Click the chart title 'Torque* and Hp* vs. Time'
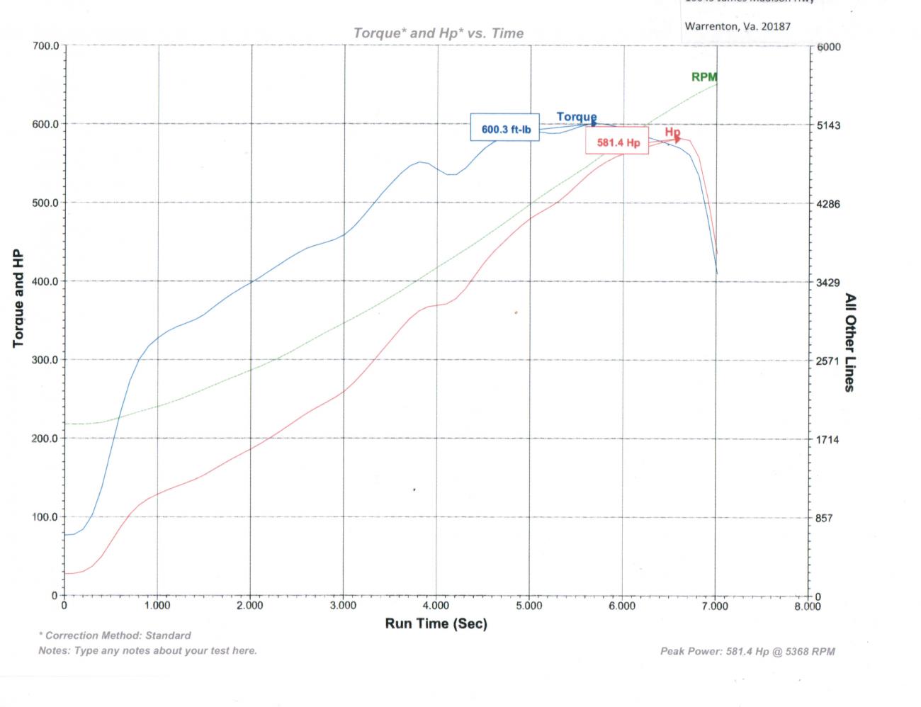[x=439, y=33]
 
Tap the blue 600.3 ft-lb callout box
[x=505, y=130]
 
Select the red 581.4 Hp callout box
[x=618, y=142]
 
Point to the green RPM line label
[x=704, y=77]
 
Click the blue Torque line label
[x=576, y=117]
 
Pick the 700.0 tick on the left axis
[x=46, y=46]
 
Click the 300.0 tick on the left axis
[x=46, y=360]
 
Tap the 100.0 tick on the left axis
[x=46, y=517]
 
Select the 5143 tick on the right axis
[x=828, y=125]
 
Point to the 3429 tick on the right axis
[x=828, y=283]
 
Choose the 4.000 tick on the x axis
[x=436, y=606]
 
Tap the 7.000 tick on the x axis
[x=715, y=606]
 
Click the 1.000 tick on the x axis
[x=157, y=606]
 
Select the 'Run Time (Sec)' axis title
[x=436, y=623]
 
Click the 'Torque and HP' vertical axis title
[x=18, y=298]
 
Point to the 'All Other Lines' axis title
[x=849, y=343]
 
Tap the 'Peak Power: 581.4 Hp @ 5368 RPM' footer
[x=747, y=651]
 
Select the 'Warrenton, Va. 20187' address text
[x=738, y=26]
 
